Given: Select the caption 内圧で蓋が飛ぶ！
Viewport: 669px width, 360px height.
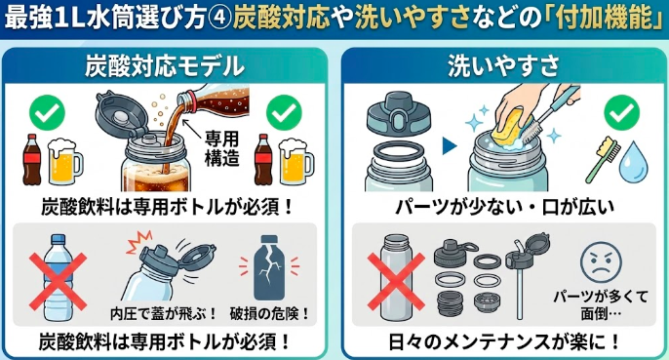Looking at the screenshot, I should click(150, 314).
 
